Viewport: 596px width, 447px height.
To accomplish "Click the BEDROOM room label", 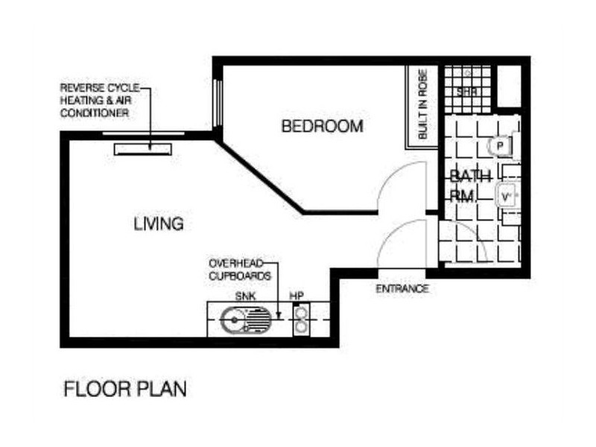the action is coord(322,126).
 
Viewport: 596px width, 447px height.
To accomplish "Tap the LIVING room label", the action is coord(159,223).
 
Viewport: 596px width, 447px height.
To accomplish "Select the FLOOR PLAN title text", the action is coord(125,389).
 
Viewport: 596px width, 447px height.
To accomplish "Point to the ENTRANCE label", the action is coord(402,289).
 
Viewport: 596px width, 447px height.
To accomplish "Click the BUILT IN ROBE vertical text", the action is coord(422,104).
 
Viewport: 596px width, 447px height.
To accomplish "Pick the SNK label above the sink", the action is coord(246,296).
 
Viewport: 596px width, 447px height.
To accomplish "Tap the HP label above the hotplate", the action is coord(297,295).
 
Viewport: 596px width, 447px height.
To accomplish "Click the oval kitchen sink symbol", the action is coord(246,320).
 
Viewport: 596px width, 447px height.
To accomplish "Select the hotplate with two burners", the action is coord(301,320).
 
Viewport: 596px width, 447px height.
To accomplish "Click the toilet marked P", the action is coord(499,145).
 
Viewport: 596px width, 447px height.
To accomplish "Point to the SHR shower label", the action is coord(467,92).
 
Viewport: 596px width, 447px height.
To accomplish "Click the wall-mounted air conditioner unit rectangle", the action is coord(143,150).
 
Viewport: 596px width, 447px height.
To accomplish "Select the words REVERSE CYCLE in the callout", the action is coord(100,88).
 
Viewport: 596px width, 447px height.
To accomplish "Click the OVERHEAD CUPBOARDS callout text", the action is coord(240,270).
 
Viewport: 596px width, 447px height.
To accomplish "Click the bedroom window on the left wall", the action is coord(218,103).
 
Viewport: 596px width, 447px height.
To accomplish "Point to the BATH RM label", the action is coord(470,186).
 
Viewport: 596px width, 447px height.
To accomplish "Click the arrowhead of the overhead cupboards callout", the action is coord(278,315).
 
